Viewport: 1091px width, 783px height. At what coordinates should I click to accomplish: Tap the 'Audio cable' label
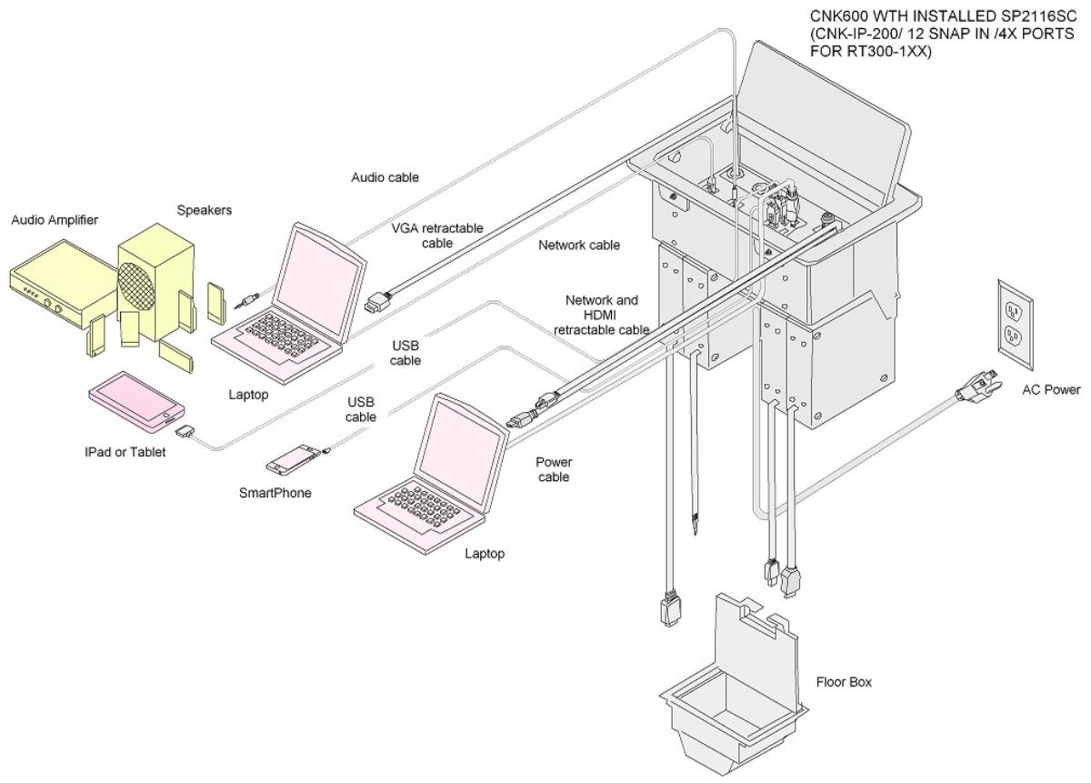coord(386,177)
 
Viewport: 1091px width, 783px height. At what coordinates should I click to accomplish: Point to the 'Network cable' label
coord(579,245)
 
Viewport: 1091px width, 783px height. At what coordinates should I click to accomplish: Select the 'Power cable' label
coord(553,468)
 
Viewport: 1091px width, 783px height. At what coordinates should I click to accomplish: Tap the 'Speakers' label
coord(205,210)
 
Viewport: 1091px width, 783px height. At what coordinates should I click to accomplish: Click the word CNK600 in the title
coord(823,15)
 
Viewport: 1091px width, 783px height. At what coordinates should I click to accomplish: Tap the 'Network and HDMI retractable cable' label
coord(601,315)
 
